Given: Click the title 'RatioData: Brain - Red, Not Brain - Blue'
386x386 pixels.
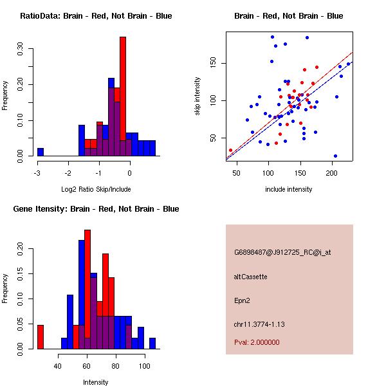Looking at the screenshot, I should coord(96,15).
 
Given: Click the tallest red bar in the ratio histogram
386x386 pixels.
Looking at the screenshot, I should coord(122,90).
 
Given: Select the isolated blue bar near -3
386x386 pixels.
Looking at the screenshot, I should coord(41,152).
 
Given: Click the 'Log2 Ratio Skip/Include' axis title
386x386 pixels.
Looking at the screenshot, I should coord(96,189).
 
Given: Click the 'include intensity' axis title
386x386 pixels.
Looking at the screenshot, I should coord(289,189).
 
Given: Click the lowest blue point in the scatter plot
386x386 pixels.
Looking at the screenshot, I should coord(335,156).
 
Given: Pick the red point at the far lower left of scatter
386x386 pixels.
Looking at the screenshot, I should coord(230,150).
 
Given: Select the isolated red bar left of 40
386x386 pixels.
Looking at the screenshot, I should coord(41,336).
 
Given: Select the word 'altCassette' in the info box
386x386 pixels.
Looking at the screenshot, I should coord(250,277).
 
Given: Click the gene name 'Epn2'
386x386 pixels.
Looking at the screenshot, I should coord(241,300).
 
